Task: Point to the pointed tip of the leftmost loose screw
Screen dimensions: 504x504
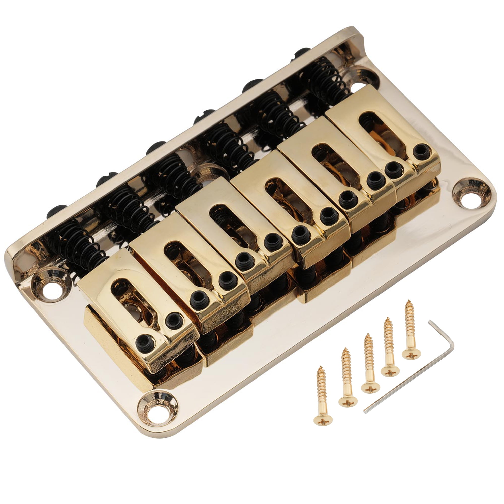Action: pos(320,368)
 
